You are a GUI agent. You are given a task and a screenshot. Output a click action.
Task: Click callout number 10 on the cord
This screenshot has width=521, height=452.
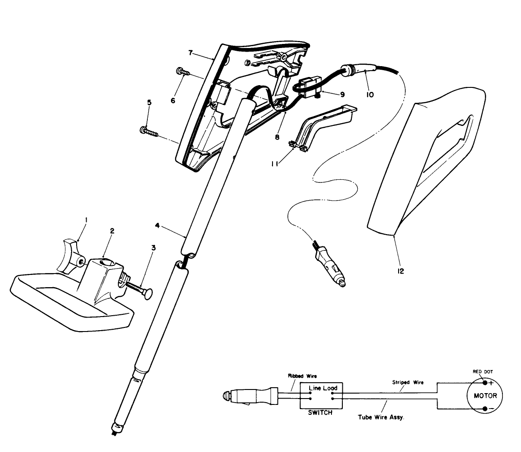[370, 95]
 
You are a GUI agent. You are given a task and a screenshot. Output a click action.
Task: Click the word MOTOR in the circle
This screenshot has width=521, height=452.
[485, 395]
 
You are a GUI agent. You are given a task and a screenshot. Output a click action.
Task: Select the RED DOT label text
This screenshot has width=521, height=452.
[483, 372]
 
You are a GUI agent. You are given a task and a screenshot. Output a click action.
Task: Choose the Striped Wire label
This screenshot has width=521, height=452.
[407, 382]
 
